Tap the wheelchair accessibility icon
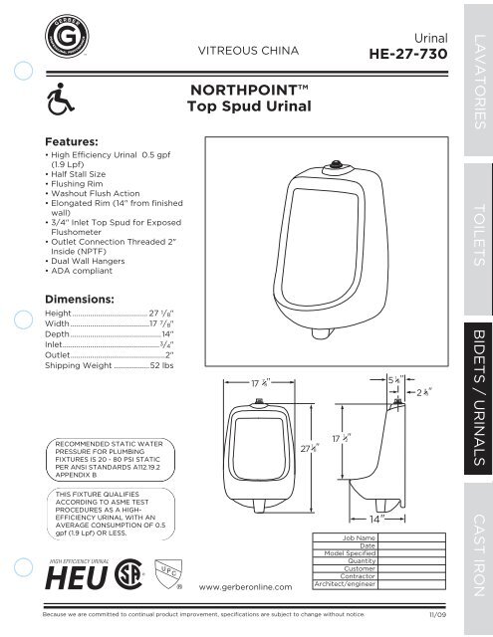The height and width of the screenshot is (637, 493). pos(61,102)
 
